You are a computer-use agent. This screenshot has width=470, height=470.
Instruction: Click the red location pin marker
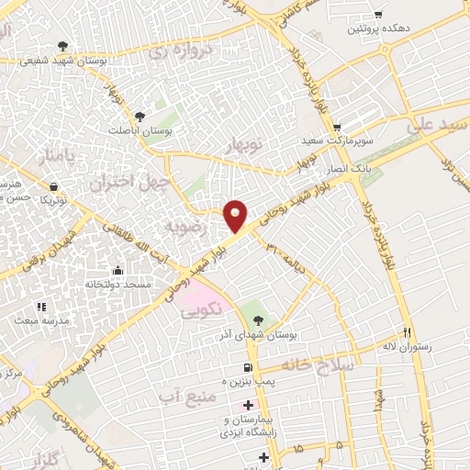[236, 215]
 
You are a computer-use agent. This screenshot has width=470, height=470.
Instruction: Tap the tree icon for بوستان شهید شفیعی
[62, 45]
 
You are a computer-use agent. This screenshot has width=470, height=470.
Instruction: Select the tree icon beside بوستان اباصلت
[140, 117]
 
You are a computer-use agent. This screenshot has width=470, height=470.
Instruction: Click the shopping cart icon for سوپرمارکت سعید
[338, 127]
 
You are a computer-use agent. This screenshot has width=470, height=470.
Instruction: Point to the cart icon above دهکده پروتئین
[378, 14]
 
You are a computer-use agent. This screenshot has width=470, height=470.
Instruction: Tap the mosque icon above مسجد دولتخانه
[118, 271]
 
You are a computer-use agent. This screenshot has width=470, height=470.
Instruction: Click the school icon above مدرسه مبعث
[40, 307]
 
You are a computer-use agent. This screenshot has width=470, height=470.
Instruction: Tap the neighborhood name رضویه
[177, 223]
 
